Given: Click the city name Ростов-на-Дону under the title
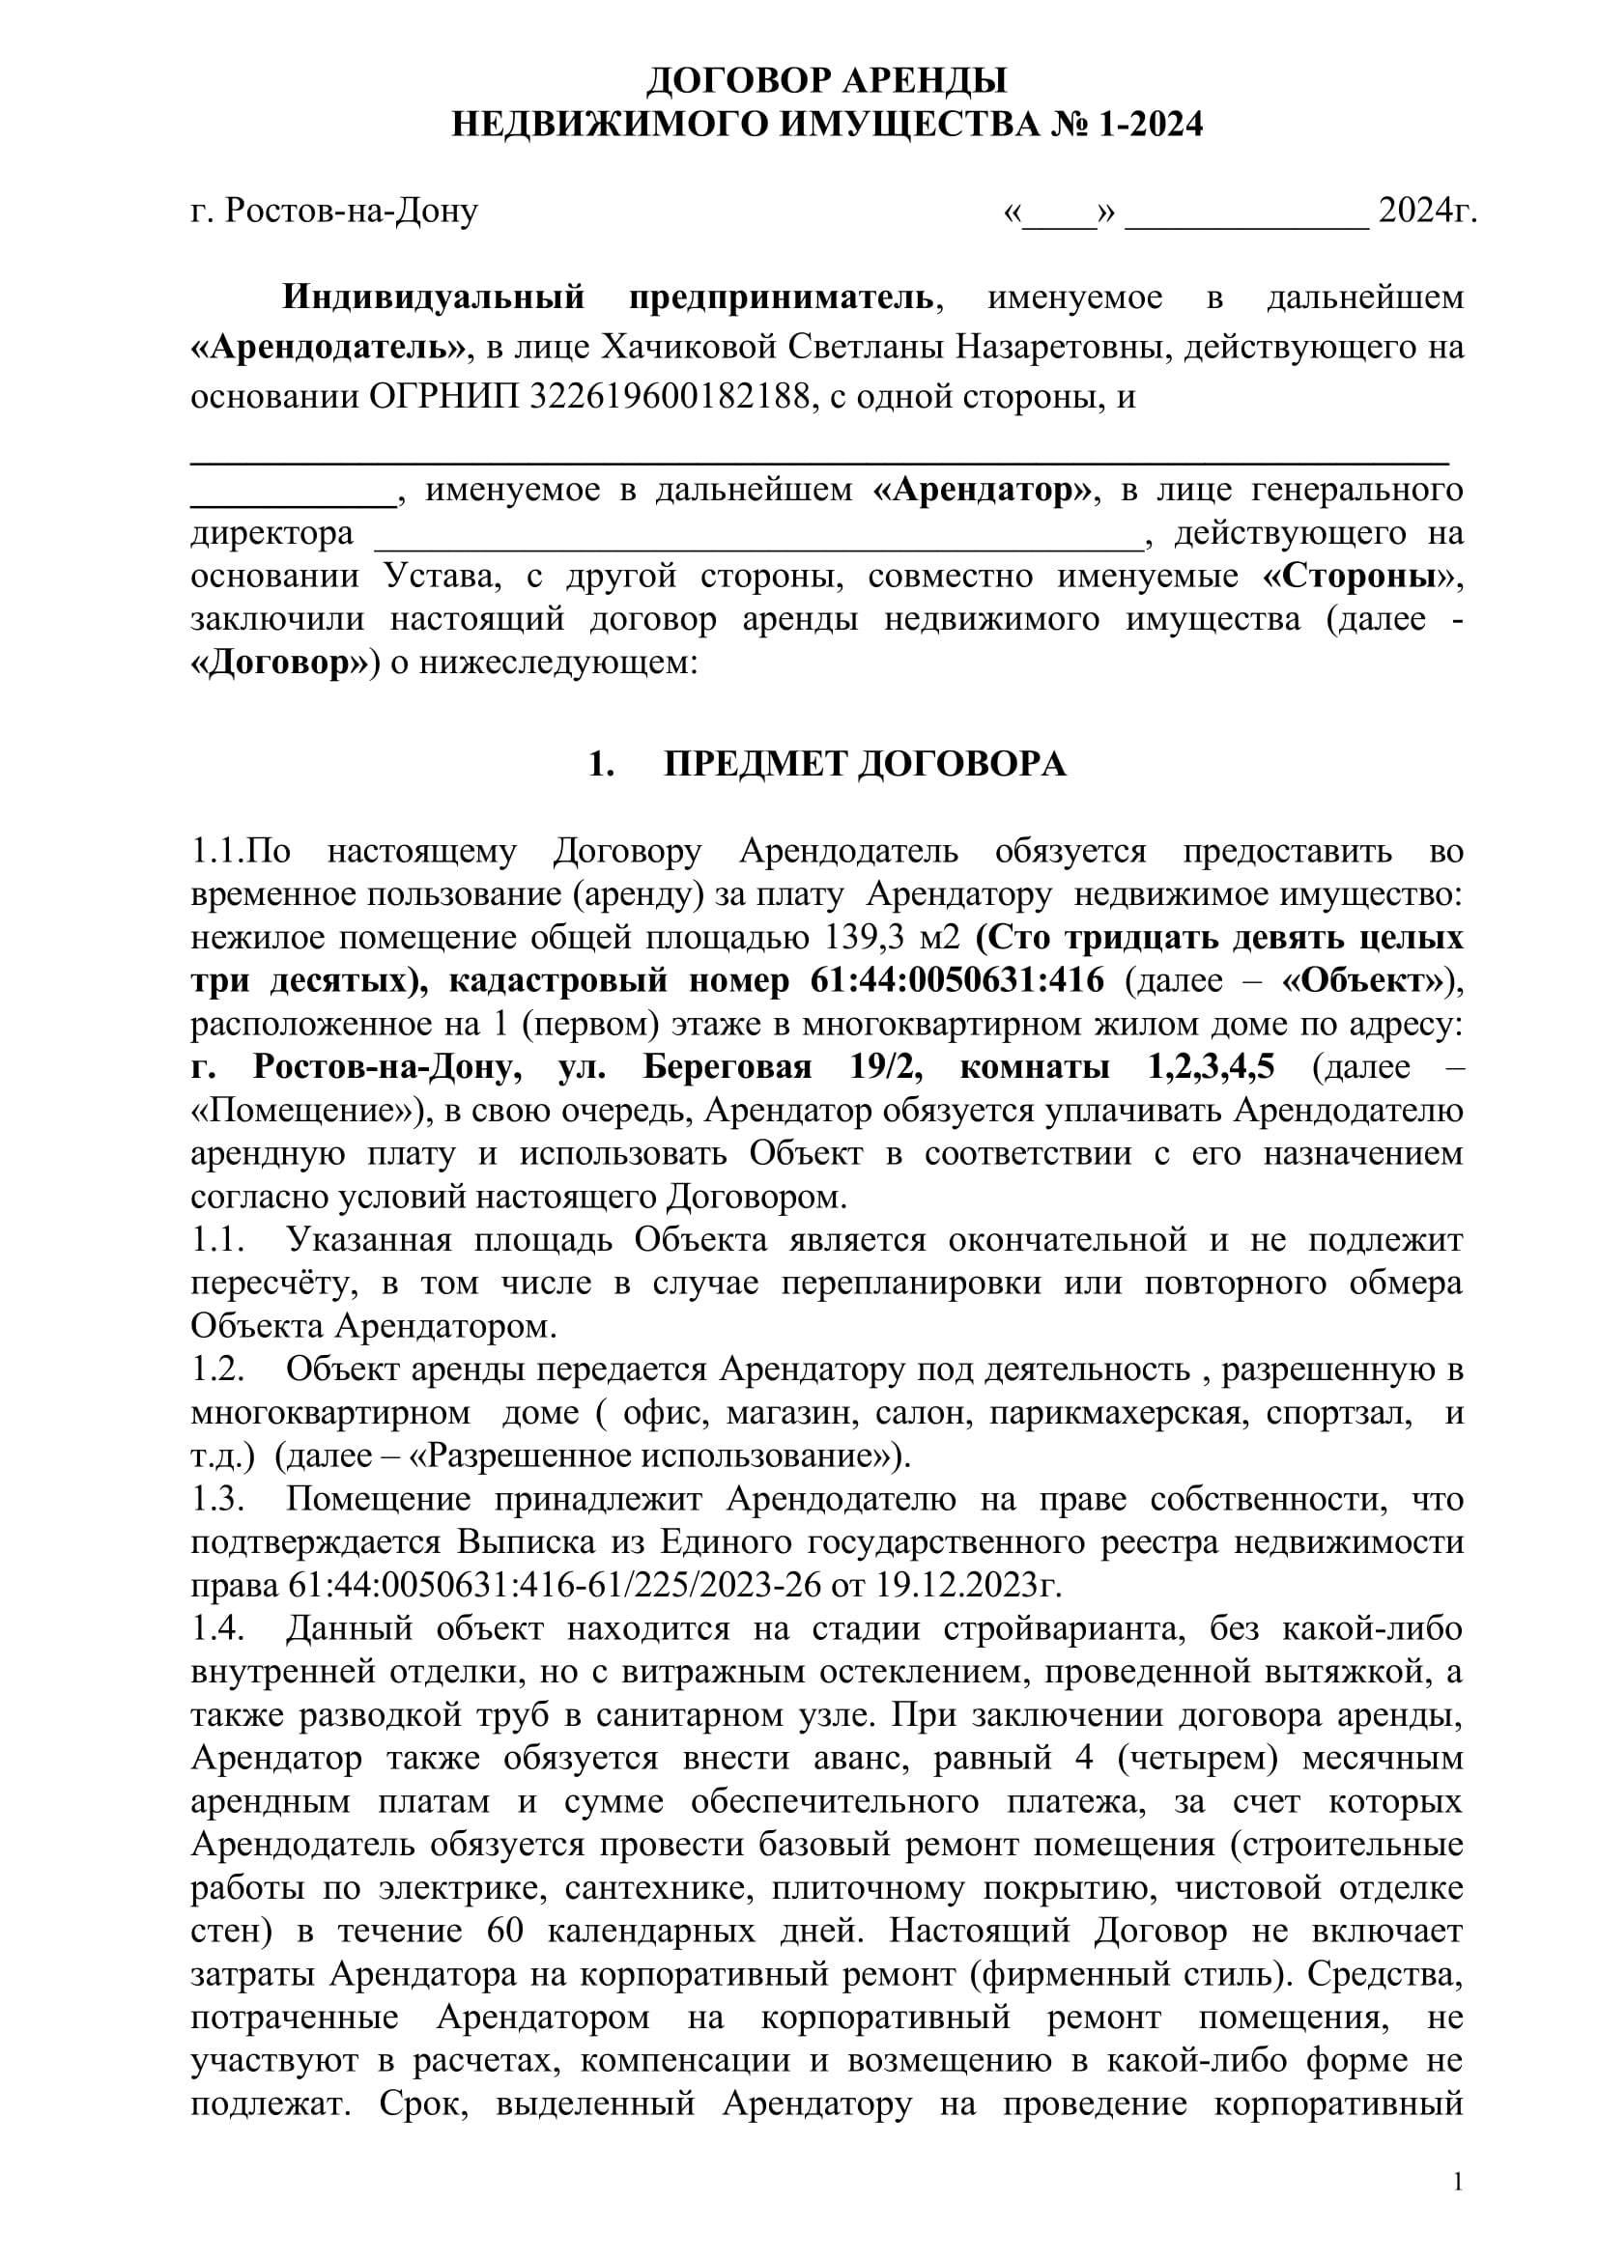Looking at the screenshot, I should click(x=352, y=211).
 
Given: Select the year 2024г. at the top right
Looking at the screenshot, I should click(x=1427, y=211).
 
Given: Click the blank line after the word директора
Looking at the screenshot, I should click(x=757, y=534).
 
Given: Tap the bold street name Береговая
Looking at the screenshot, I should click(x=728, y=1066).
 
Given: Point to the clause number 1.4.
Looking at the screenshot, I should click(x=217, y=1628).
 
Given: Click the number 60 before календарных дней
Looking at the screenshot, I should click(x=505, y=1931).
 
